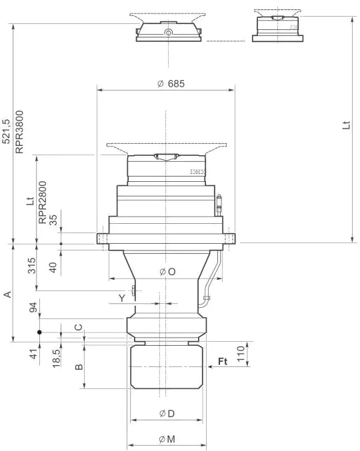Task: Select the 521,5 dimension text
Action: click(6, 132)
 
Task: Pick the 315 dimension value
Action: click(31, 267)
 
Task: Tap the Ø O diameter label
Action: click(167, 272)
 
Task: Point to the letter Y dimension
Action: click(121, 298)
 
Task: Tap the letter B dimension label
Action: click(79, 367)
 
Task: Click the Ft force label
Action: click(223, 362)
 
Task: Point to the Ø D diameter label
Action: click(167, 414)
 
